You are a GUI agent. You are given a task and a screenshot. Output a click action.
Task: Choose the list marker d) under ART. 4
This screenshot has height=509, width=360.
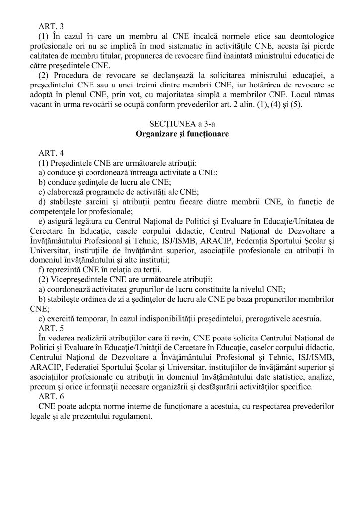coord(42,203)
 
